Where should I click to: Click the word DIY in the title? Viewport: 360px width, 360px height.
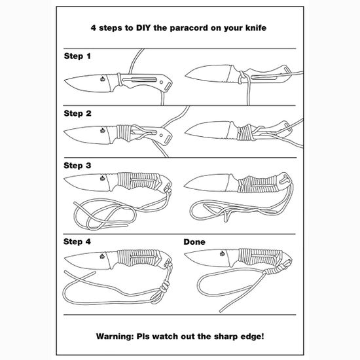pyautogui.click(x=143, y=27)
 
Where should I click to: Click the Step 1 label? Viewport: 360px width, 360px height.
pyautogui.click(x=77, y=56)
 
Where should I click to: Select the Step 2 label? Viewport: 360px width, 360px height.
pyautogui.click(x=77, y=113)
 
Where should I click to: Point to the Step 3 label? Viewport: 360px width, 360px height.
pyautogui.click(x=77, y=166)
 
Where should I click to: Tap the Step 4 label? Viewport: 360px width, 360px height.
pyautogui.click(x=77, y=242)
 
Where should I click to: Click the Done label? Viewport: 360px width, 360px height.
pyautogui.click(x=194, y=242)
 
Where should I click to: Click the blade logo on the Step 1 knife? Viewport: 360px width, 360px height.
pyautogui.click(x=103, y=79)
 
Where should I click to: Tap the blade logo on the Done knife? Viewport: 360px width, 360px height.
pyautogui.click(x=223, y=253)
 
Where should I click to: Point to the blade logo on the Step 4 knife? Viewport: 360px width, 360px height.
pyautogui.click(x=102, y=256)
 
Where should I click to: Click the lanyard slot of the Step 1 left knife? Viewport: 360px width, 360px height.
pyautogui.click(x=168, y=87)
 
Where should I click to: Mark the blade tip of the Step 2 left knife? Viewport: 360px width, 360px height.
pyautogui.click(x=65, y=132)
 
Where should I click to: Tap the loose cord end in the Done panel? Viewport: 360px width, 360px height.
pyautogui.click(x=221, y=311)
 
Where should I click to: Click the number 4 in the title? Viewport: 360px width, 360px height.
pyautogui.click(x=93, y=28)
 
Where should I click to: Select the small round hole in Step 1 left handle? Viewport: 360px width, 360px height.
pyautogui.click(x=162, y=82)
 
